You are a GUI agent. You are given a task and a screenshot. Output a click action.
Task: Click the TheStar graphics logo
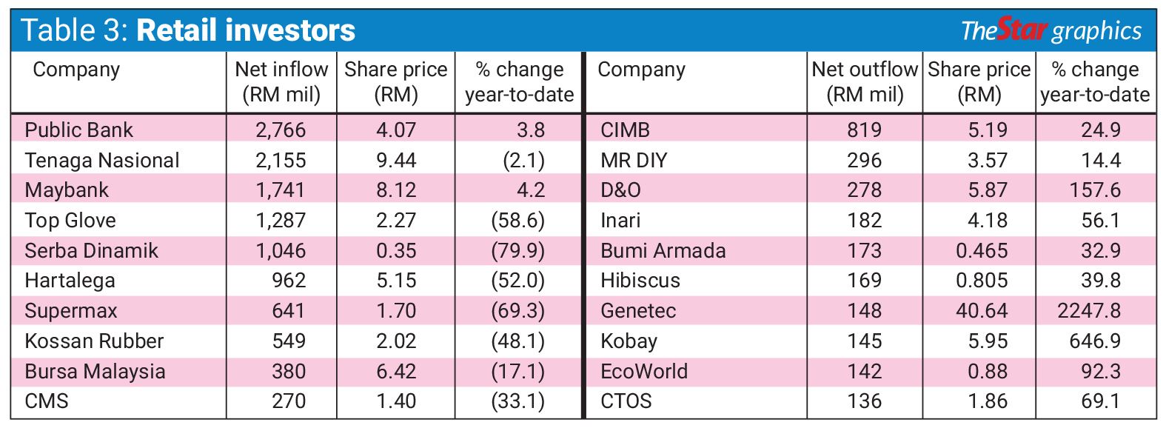pos(1051,30)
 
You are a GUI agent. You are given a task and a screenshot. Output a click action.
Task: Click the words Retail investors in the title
pos(246,30)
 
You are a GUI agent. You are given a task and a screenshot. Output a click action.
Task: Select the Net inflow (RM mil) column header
pos(281,81)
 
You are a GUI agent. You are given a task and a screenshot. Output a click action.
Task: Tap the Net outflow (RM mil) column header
pos(864,81)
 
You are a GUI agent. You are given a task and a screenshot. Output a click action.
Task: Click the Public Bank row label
pos(78,130)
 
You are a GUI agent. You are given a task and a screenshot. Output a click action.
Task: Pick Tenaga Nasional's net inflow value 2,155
pos(281,160)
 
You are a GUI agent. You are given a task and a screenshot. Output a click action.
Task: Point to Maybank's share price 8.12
pos(396,190)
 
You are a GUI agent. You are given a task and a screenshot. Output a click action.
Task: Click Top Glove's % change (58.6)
pos(517,221)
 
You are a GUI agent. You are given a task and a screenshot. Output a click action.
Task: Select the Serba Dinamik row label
pos(91,250)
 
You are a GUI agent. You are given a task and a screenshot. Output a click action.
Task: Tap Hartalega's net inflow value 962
pos(288,281)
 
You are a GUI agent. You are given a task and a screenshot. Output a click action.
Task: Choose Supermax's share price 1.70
pos(396,311)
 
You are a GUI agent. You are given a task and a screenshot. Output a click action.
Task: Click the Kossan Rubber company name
pos(94,341)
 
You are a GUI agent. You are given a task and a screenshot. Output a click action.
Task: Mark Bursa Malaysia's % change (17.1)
pos(517,371)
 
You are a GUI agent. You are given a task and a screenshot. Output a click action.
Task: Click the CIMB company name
pos(625,130)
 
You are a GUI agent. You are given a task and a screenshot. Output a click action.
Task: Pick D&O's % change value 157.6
pos(1095,190)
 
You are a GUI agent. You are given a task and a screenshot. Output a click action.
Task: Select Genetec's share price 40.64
pos(982,311)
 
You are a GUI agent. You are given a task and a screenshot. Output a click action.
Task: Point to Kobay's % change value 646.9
pos(1095,341)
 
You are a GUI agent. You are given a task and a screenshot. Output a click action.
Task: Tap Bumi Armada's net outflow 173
pos(864,250)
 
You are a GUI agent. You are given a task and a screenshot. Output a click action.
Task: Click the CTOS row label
pos(626,401)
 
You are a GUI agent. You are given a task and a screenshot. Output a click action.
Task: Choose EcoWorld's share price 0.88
pos(988,371)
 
